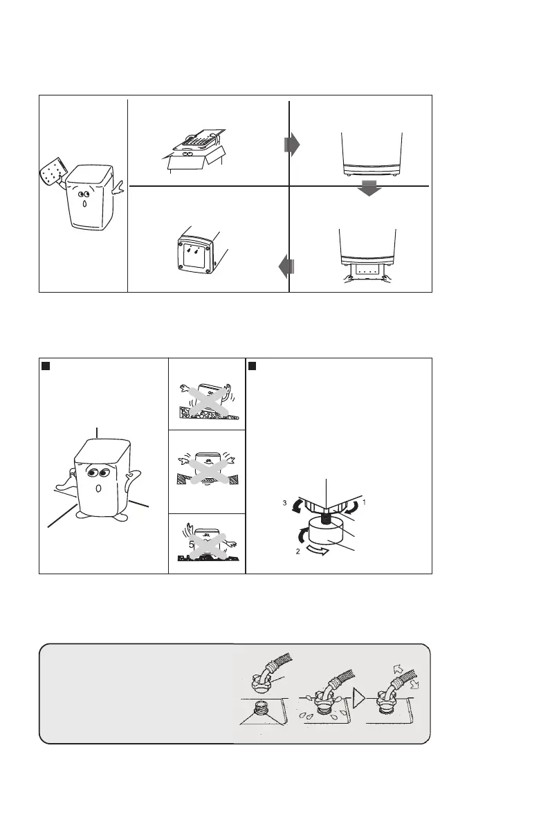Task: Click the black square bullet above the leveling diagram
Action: tap(254, 365)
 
